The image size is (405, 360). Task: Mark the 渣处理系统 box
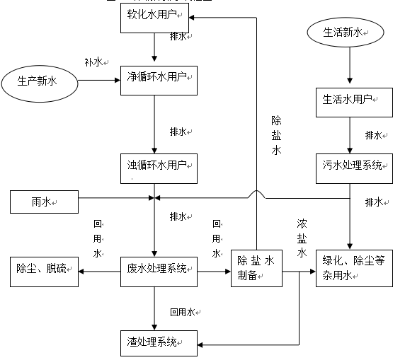pyautogui.click(x=156, y=343)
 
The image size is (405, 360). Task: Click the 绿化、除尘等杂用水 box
pyautogui.click(x=354, y=268)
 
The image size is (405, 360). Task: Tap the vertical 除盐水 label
pyautogui.click(x=276, y=135)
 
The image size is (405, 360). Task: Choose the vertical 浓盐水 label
pyautogui.click(x=302, y=237)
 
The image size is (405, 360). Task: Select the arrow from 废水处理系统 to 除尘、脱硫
pyautogui.click(x=99, y=269)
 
